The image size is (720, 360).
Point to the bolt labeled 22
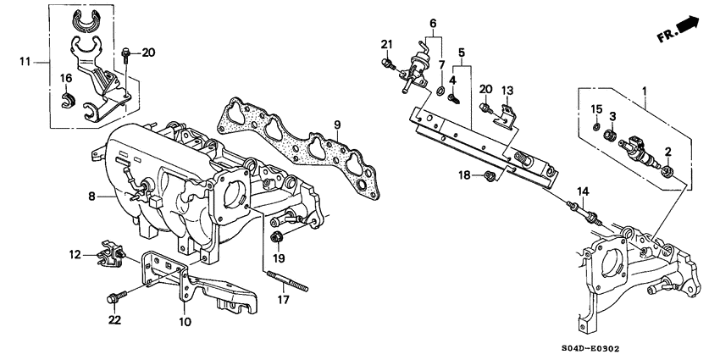tap(114, 298)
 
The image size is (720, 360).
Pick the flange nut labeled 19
tap(277, 235)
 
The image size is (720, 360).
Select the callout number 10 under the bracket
tap(184, 322)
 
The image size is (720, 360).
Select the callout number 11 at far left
tap(26, 60)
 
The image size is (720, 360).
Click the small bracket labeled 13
tap(507, 115)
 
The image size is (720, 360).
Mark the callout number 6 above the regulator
tap(432, 22)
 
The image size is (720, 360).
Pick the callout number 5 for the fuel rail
tap(461, 51)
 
